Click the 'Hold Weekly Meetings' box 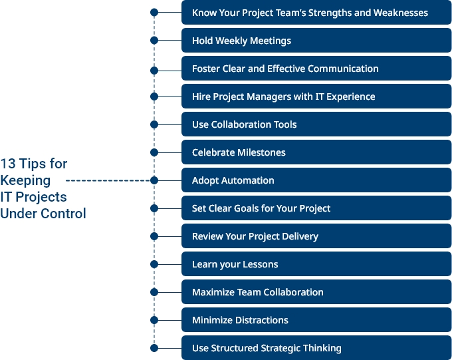coord(316,41)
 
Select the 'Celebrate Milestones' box coord(316,152)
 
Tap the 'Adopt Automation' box coord(316,180)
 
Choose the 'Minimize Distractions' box coord(316,320)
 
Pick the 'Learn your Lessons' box coord(316,264)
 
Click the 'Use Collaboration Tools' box coord(316,124)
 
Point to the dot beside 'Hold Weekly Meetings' coord(154,41)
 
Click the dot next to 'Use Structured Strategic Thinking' coord(154,347)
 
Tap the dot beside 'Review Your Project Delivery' coord(154,236)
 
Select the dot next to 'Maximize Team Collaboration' coord(154,292)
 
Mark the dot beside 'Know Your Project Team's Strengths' coord(154,12)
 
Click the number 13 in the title coord(8,164)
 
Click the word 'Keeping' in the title coord(25,180)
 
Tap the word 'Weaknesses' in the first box coord(401,13)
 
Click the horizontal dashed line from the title coord(110,180)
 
